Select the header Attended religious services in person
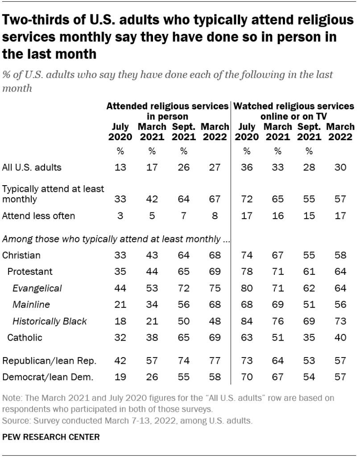[x=167, y=111]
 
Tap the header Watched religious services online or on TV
[x=294, y=111]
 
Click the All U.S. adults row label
[x=32, y=168]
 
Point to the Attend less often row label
[x=38, y=216]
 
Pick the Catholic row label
[x=25, y=337]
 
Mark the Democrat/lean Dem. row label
[x=48, y=377]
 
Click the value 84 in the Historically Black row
[x=246, y=321]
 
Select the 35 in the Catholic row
[x=308, y=337]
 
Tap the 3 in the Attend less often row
[x=120, y=216]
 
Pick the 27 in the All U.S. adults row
[x=215, y=168]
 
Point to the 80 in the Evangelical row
[x=246, y=288]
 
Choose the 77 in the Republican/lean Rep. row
[x=215, y=361]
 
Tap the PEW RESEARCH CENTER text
[x=51, y=436]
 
